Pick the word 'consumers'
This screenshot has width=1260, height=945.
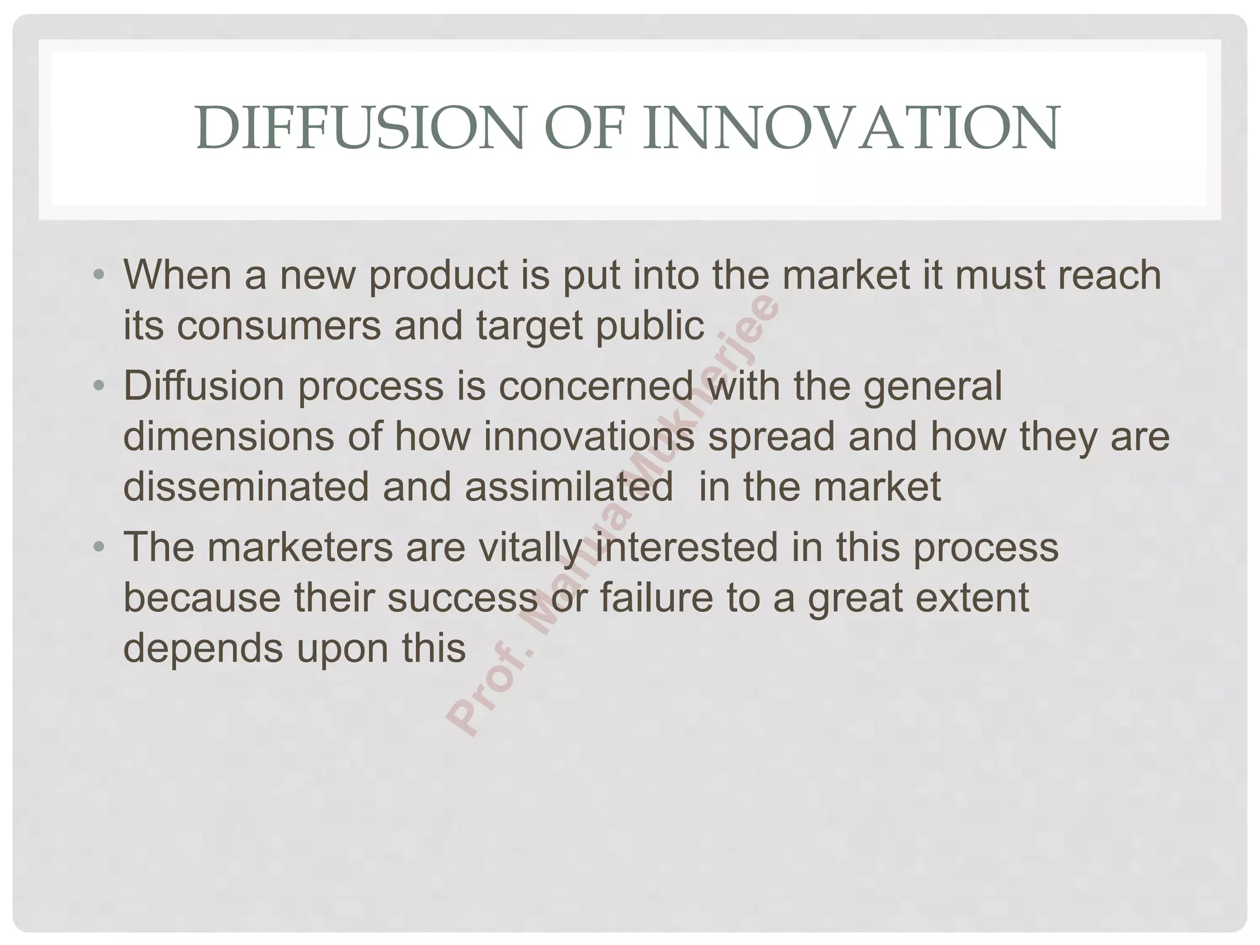279,326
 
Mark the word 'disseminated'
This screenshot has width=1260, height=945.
246,487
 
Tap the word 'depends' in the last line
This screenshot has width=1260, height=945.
203,649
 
